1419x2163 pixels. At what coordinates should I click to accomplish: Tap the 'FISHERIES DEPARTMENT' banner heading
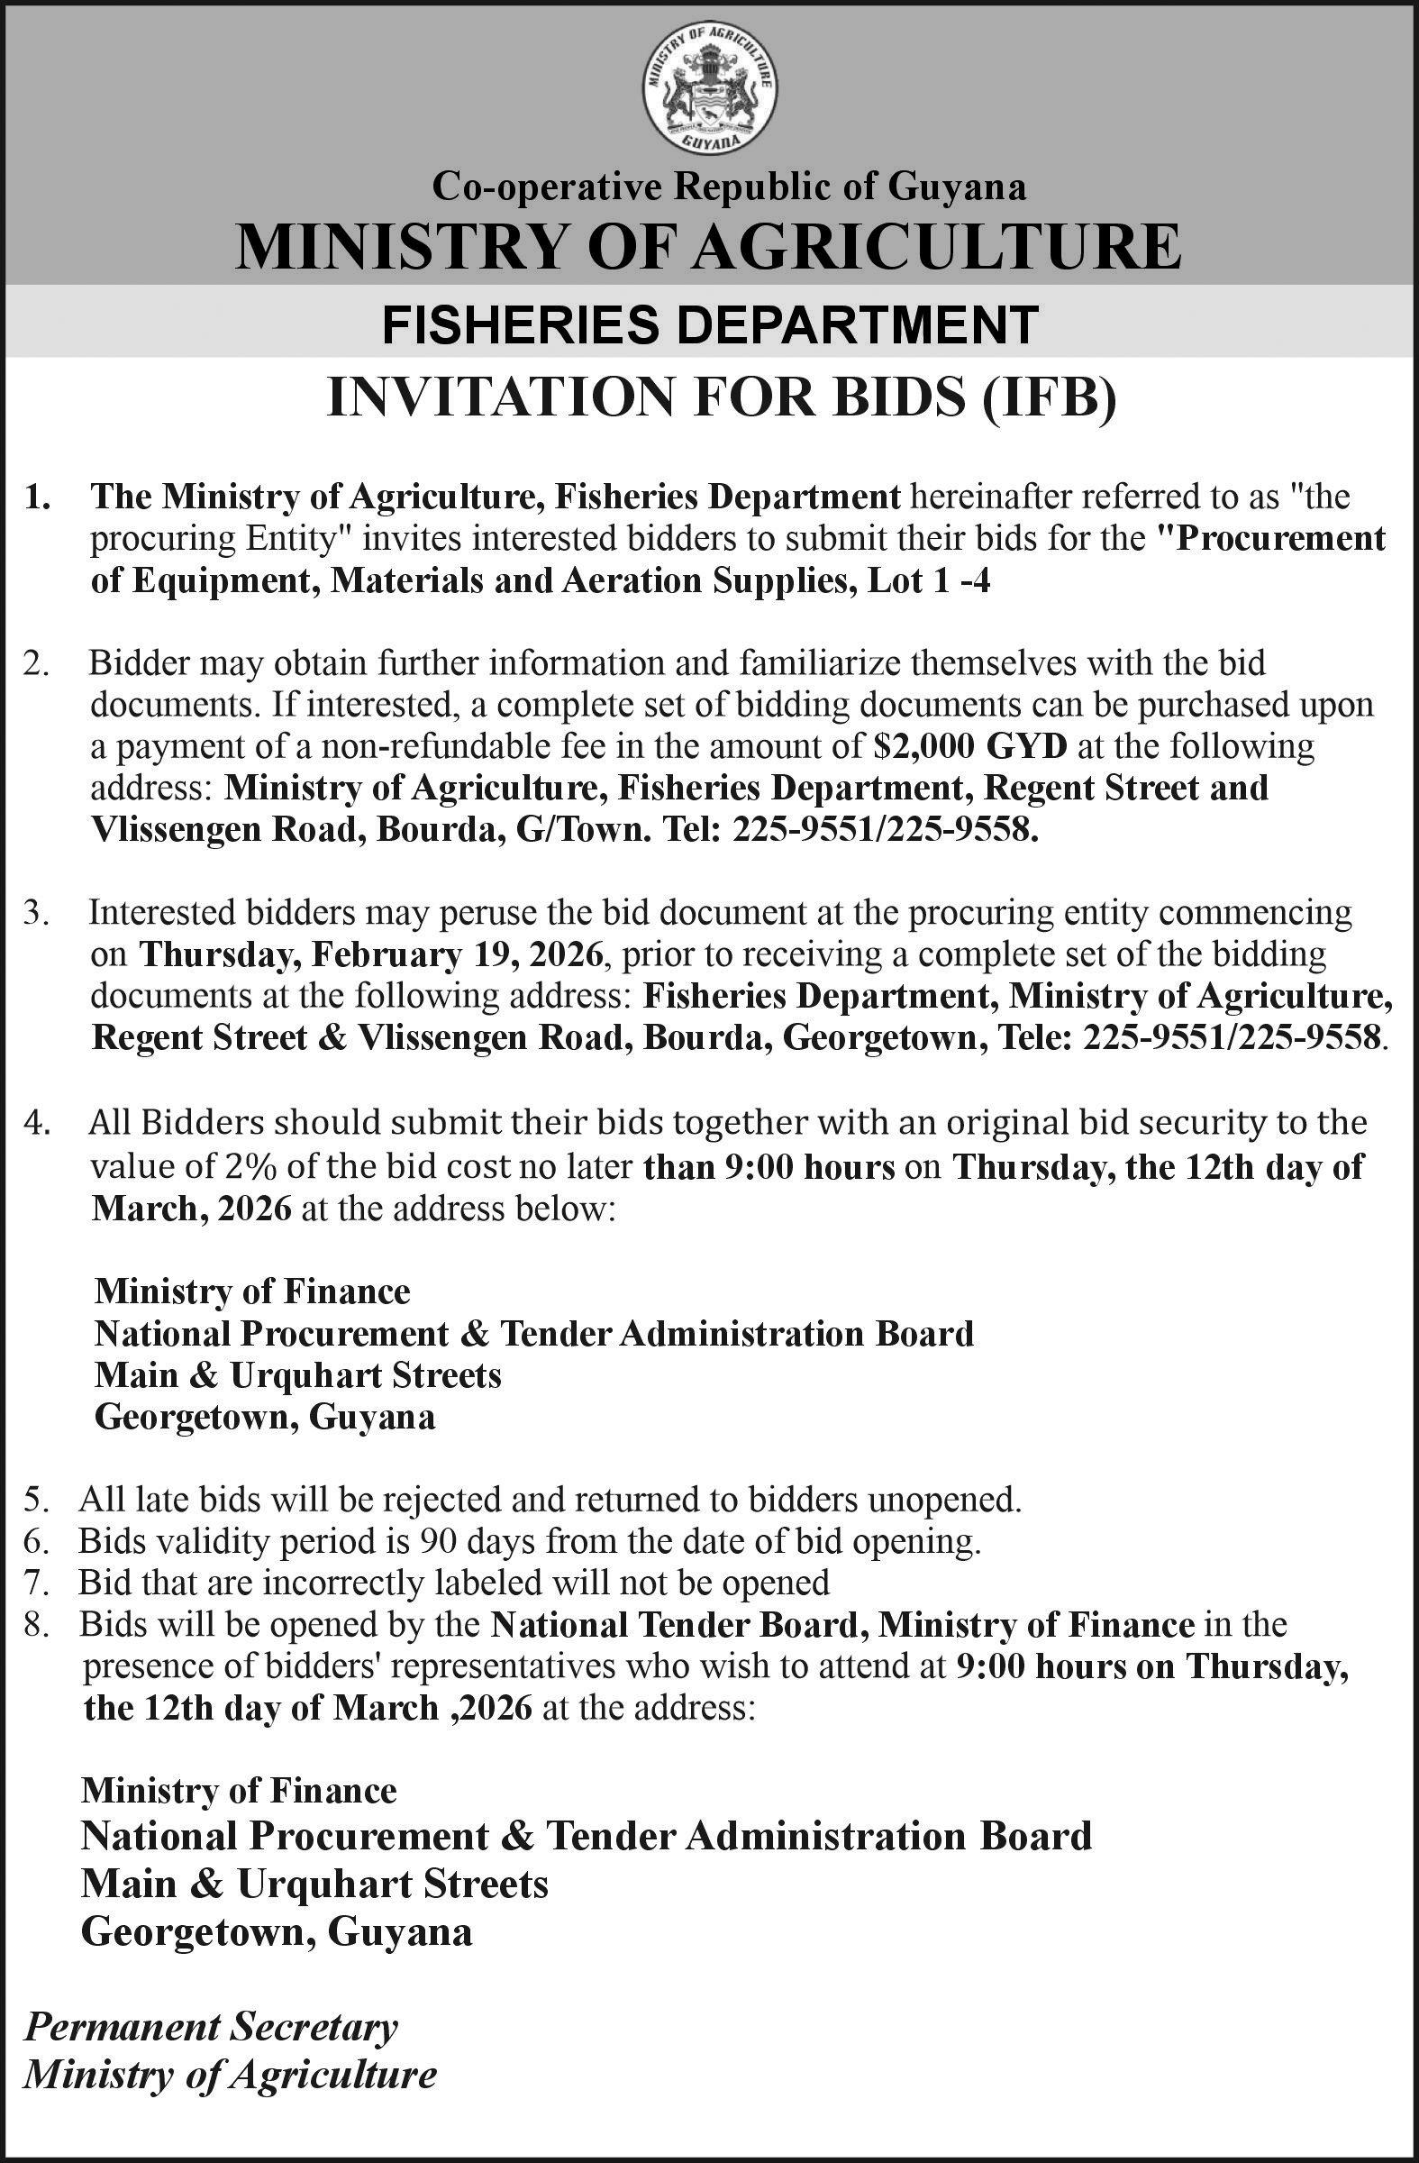[x=708, y=324]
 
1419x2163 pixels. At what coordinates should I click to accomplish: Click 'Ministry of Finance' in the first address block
[x=252, y=1291]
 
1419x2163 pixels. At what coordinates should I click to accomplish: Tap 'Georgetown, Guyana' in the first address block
[x=265, y=1417]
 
